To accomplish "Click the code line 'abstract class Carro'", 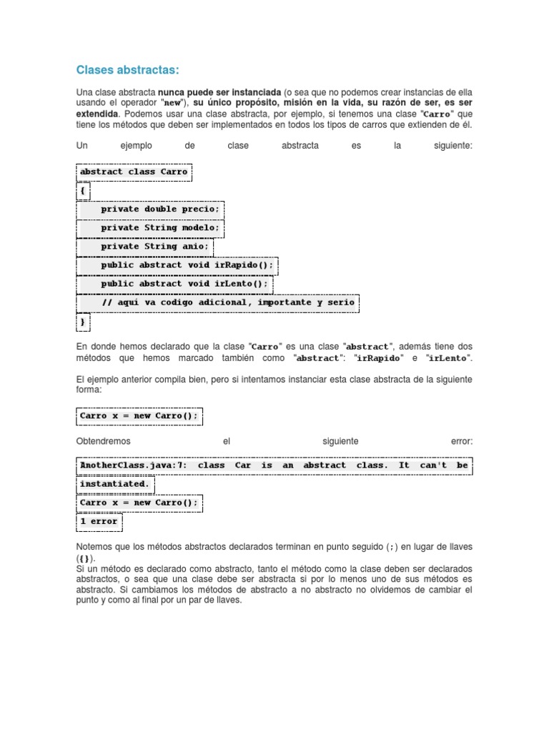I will click(x=134, y=172).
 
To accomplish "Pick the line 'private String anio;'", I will click(x=155, y=247).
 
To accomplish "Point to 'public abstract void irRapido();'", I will click(x=187, y=265).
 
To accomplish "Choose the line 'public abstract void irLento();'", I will click(x=184, y=284).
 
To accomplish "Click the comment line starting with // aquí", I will click(x=227, y=302).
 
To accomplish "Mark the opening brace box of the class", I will click(x=83, y=191).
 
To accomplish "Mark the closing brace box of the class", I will click(x=83, y=322).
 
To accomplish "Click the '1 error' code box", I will click(x=99, y=522).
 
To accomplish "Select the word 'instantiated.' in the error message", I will click(x=115, y=484).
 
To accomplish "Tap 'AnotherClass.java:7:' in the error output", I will click(x=134, y=465).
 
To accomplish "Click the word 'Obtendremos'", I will click(x=104, y=442).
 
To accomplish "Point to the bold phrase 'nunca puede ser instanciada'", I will click(x=219, y=93).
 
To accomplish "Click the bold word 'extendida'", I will click(x=97, y=114).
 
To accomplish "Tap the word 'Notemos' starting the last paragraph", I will click(x=94, y=547).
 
